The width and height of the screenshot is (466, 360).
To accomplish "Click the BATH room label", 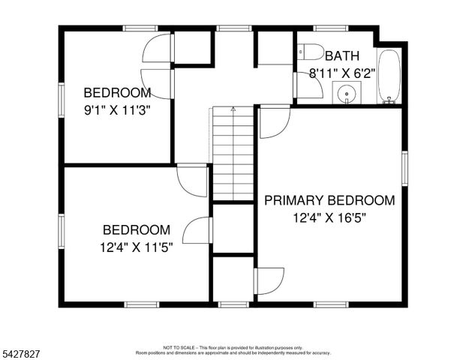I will [x=341, y=56].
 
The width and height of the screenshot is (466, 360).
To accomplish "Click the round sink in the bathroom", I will [x=346, y=94].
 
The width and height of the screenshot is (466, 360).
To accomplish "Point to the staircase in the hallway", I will [x=233, y=154].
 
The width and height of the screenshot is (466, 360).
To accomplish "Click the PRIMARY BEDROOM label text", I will [x=329, y=200].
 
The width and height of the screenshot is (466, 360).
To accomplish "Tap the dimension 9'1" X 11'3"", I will [x=117, y=110].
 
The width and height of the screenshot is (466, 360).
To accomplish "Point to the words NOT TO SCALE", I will [x=179, y=348].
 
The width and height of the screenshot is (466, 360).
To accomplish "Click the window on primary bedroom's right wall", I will [x=404, y=167].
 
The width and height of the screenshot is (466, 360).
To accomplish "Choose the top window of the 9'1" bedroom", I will [x=140, y=28].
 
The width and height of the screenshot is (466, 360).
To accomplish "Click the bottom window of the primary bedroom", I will [x=329, y=304].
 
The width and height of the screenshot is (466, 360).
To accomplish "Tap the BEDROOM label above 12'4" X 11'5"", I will [x=136, y=229].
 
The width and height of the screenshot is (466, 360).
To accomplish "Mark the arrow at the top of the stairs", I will [x=233, y=110].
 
